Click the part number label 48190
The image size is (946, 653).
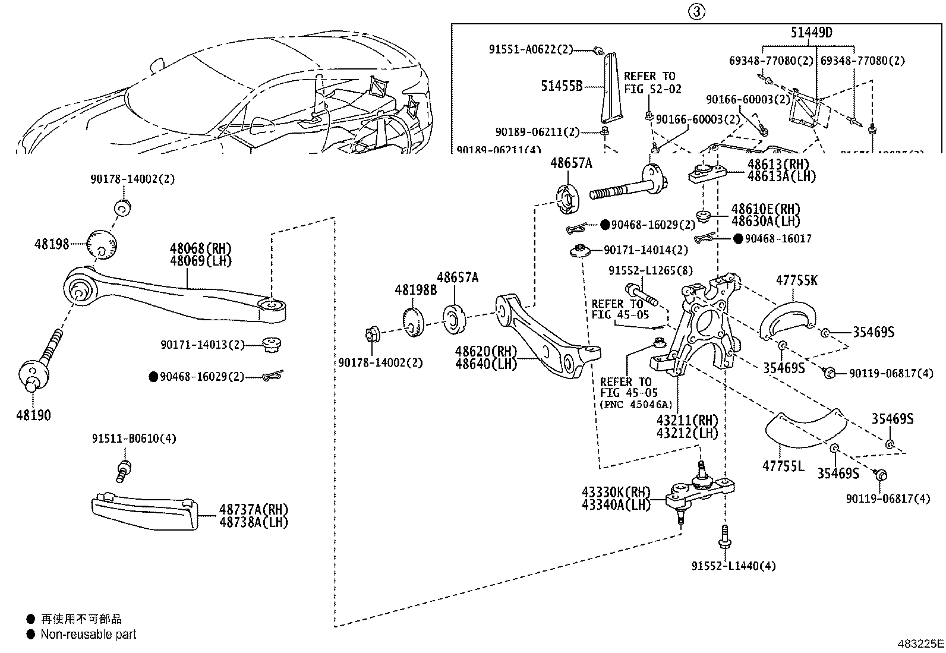33,415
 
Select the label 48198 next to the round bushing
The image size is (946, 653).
52,244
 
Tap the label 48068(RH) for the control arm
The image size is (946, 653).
200,248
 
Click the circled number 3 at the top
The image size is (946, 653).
697,11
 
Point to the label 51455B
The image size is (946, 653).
562,86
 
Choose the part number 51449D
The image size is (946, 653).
811,33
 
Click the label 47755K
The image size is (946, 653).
796,280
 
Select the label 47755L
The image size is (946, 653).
783,466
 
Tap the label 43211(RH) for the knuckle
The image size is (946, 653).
687,421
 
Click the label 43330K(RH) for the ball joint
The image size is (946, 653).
616,493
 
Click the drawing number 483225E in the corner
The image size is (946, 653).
920,643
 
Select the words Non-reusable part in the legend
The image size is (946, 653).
89,634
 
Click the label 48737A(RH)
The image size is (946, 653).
253,509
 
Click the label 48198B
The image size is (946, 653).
415,290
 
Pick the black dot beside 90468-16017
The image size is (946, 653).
737,238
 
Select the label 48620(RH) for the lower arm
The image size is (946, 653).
485,351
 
